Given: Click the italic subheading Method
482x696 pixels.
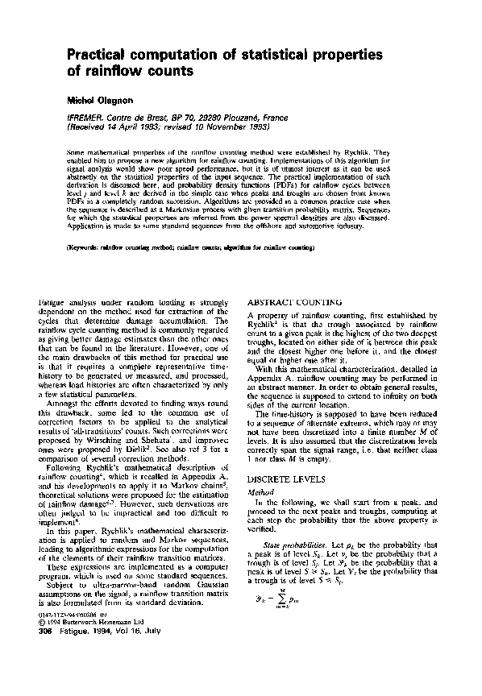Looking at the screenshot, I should tap(257, 489).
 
